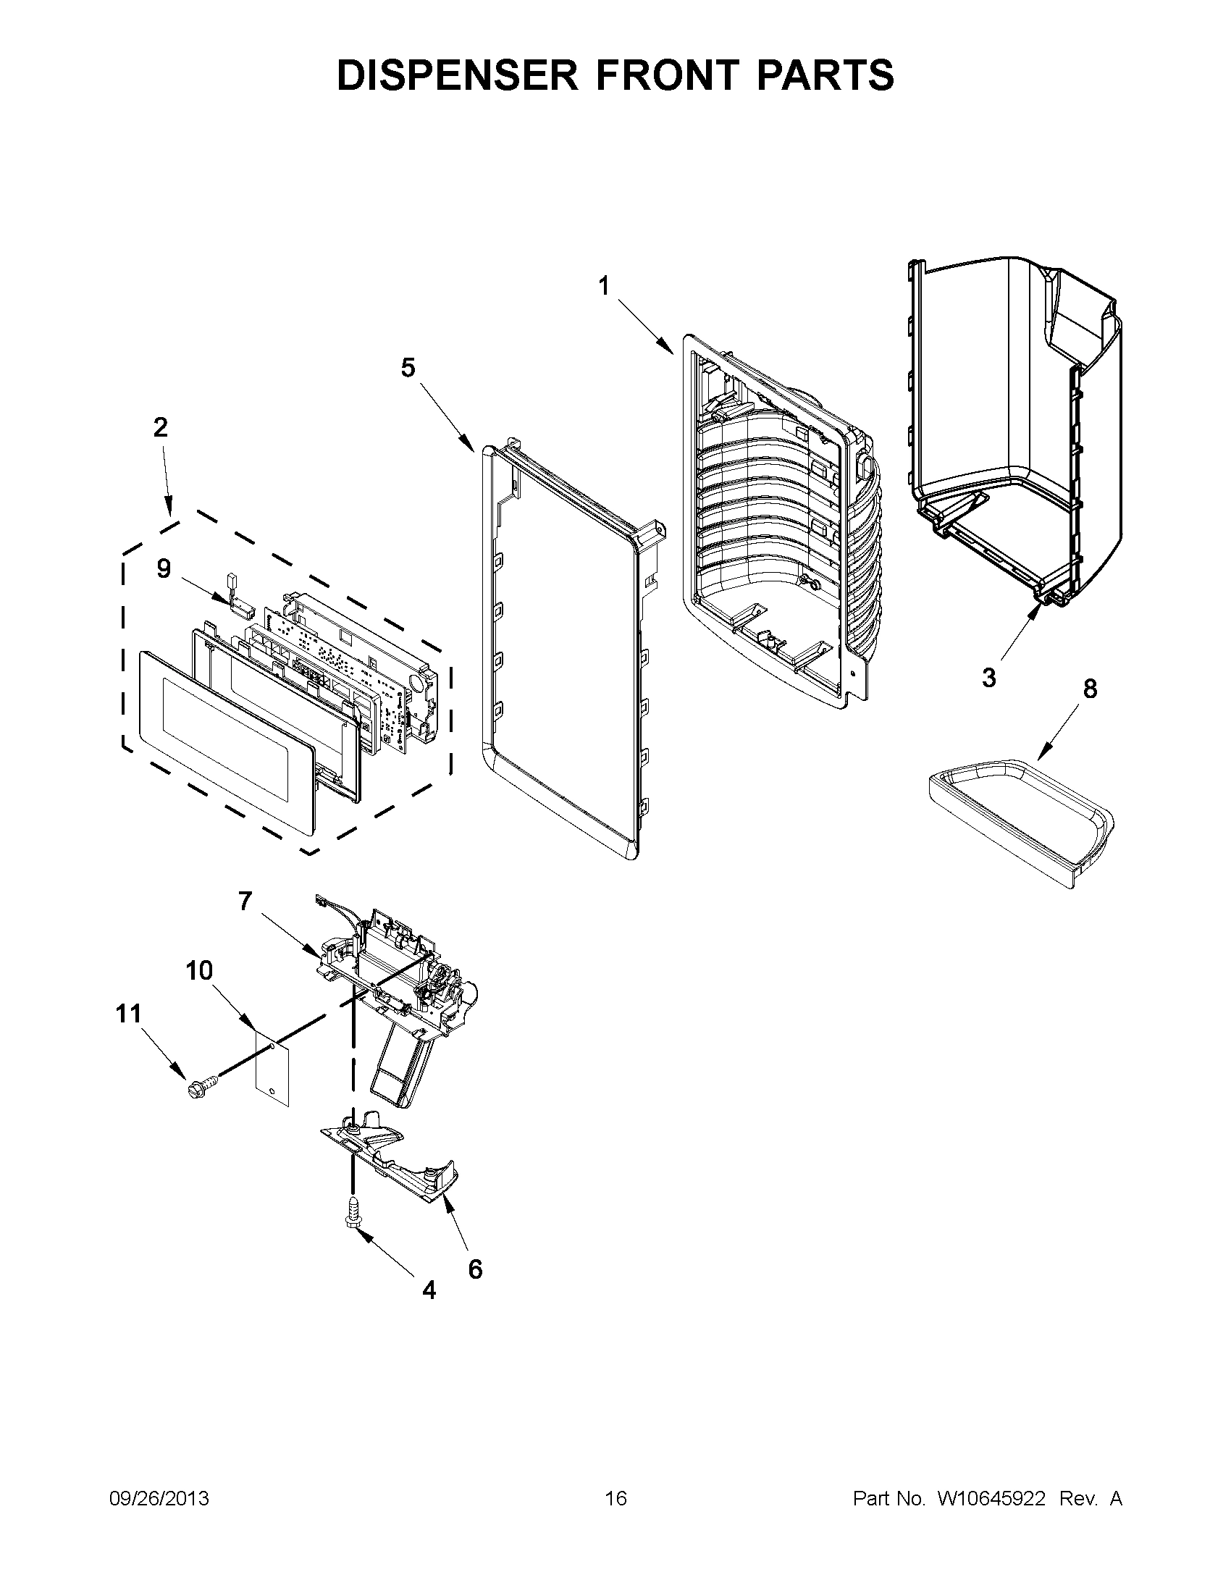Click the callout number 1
click(603, 287)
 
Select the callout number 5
click(408, 368)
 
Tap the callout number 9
click(164, 568)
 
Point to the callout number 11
click(128, 1013)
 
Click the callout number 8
click(1090, 688)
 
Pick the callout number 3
click(988, 678)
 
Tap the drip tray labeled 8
click(1021, 818)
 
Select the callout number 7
click(244, 901)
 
